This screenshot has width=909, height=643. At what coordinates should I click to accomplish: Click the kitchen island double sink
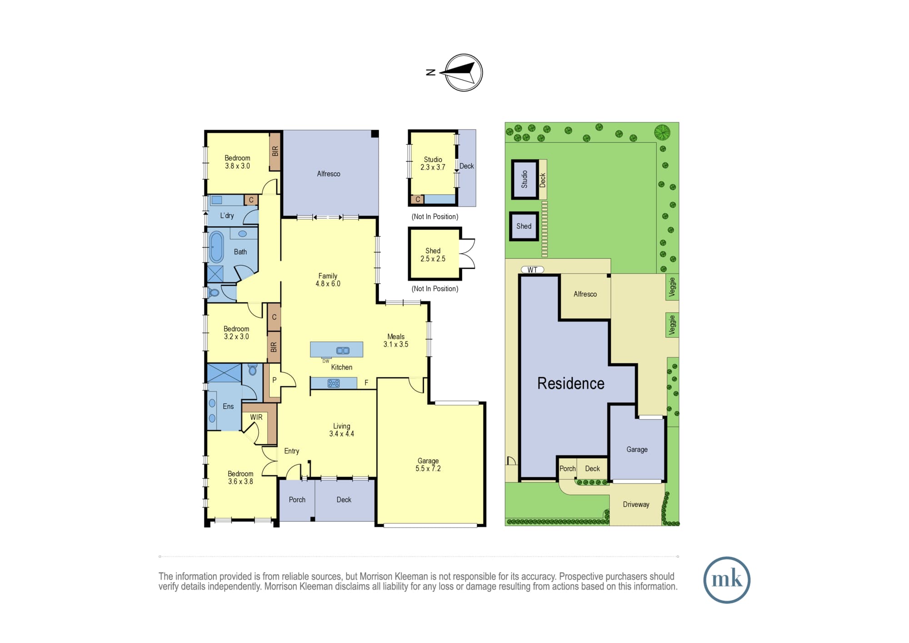343,351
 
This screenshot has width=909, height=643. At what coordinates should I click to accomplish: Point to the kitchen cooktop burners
334,383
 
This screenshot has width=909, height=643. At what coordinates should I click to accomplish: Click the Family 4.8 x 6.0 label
328,280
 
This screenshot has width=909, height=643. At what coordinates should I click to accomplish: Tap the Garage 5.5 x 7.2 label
428,465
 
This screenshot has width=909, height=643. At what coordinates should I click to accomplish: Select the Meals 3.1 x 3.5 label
396,341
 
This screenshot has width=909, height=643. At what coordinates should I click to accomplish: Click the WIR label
256,417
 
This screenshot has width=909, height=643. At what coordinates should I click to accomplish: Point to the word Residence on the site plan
571,383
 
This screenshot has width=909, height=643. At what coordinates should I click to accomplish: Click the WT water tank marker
532,270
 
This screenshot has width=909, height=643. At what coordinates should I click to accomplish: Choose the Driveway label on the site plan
636,504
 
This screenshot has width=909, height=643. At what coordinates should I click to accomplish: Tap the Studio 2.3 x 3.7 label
433,163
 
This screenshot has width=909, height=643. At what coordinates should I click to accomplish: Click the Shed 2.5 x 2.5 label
433,255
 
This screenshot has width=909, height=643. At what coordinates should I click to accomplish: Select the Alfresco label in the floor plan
329,174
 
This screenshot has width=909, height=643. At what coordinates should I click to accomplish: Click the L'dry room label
227,216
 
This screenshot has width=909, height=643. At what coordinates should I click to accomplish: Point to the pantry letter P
275,380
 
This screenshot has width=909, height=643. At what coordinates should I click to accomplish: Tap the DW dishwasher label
326,361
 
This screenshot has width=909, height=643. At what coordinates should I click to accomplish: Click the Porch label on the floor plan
297,500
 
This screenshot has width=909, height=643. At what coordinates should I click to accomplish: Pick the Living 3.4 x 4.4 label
342,430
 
